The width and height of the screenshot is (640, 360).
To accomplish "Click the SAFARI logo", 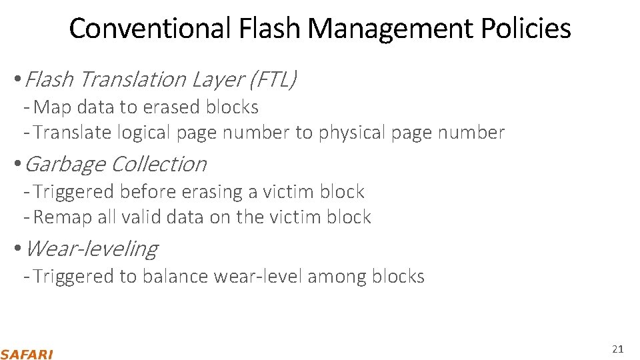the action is point(27,354).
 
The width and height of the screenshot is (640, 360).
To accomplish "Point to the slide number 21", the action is point(617,349).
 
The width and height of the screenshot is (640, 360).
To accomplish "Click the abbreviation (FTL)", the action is point(272,79).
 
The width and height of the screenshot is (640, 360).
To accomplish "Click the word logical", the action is point(144,133).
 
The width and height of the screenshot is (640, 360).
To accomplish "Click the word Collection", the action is point(158,164).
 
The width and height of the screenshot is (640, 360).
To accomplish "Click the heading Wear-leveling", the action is point(91,249).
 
